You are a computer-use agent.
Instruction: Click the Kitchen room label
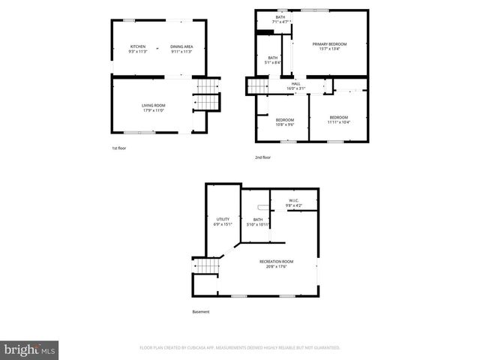pos(138,49)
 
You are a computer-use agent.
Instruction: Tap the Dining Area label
pos(181,49)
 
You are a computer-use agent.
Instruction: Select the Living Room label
pos(154,107)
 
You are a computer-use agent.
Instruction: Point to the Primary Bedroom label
pos(330,46)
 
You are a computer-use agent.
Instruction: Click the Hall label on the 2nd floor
pos(295,85)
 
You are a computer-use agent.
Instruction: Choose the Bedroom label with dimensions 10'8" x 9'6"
pos(284,122)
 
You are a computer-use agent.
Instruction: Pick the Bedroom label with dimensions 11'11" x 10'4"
pos(338,119)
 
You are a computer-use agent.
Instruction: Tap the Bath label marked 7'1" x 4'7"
pos(280,20)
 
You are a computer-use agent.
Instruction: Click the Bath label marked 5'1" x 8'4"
pos(273,60)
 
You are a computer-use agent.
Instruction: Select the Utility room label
pos(223,221)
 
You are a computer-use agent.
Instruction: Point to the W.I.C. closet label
pos(295,203)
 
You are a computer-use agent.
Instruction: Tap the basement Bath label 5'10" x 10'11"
pos(258,221)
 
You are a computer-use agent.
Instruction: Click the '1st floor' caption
pos(119,148)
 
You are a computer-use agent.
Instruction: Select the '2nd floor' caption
pos(262,157)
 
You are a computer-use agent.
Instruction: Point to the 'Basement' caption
pos(200,312)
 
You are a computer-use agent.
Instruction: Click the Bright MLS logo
pos(30,349)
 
